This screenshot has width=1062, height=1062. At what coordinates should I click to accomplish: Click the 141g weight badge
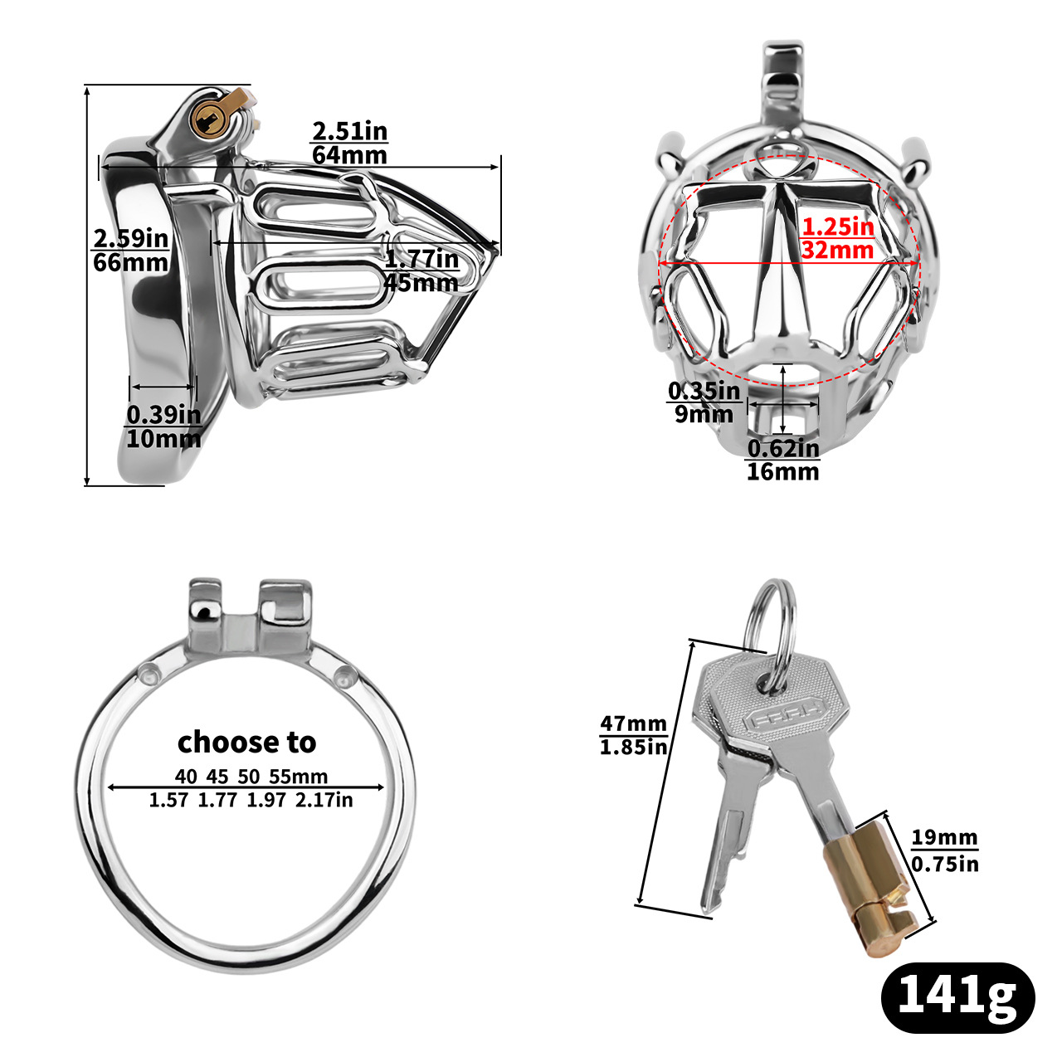click(957, 997)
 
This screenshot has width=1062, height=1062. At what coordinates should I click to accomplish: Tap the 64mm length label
click(349, 155)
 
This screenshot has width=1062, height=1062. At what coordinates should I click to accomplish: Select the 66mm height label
click(130, 262)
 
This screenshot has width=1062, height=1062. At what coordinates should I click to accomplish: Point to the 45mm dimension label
click(421, 282)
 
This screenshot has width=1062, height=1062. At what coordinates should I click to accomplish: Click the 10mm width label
click(163, 438)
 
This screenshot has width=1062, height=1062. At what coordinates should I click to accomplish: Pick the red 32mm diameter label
click(838, 250)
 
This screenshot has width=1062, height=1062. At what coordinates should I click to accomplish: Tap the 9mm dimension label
click(704, 414)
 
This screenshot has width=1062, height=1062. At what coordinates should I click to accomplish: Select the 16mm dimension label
click(782, 471)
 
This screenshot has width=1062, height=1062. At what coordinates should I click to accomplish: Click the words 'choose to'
click(247, 741)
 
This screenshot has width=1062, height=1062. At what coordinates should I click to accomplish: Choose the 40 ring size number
click(186, 777)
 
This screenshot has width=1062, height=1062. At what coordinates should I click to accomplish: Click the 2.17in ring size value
click(324, 800)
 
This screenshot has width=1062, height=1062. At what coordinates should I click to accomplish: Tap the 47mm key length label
click(634, 724)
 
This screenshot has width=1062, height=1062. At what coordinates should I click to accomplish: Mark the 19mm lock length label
click(944, 837)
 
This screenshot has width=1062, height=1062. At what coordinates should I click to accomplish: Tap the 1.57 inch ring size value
click(169, 800)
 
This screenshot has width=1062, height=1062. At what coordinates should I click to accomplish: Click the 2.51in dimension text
click(349, 131)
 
